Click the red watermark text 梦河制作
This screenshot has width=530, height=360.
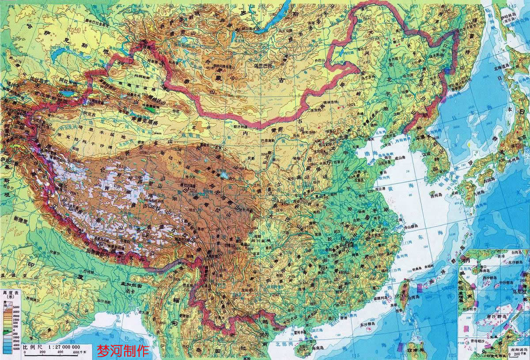123,351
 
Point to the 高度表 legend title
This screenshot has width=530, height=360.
11,292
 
